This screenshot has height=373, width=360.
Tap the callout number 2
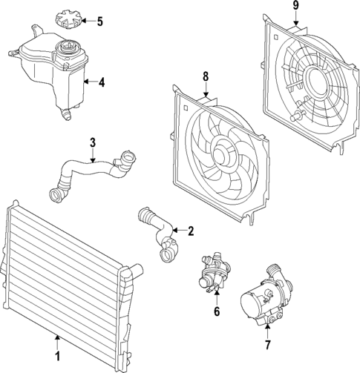pyautogui.click(x=191, y=231)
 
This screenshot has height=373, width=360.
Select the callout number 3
pyautogui.click(x=93, y=142)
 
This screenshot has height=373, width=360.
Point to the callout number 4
pyautogui.click(x=101, y=82)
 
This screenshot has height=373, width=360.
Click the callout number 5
pyautogui.click(x=100, y=21)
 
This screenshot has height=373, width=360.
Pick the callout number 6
pyautogui.click(x=216, y=312)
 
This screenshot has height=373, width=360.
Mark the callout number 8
pyautogui.click(x=206, y=76)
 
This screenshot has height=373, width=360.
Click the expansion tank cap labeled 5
pyautogui.click(x=68, y=20)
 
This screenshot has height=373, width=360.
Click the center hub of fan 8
pyautogui.click(x=221, y=154)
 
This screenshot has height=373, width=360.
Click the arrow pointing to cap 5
pyautogui.click(x=88, y=21)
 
